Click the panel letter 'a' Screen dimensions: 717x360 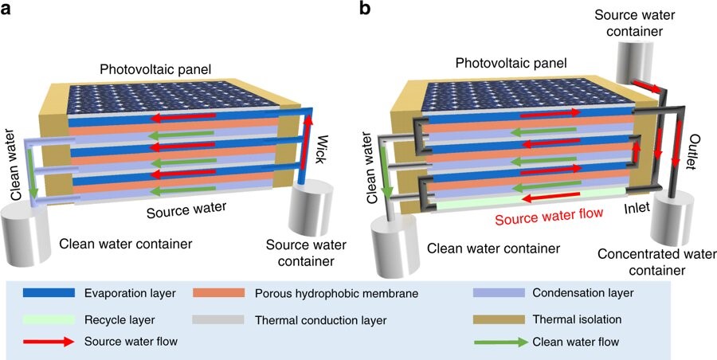tap(6, 9)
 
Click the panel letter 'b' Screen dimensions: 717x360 tap(364, 8)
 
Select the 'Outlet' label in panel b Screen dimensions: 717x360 tap(691, 152)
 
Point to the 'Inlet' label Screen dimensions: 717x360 tap(637, 208)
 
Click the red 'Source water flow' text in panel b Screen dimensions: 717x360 tap(550, 215)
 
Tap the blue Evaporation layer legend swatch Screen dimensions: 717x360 tap(49, 293)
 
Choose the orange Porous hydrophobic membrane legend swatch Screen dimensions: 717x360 tap(218, 293)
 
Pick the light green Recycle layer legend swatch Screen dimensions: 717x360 tap(49, 319)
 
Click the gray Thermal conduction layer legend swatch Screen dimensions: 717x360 tap(218, 319)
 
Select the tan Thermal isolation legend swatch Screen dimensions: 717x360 tap(498, 319)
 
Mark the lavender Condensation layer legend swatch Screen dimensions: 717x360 tap(498, 293)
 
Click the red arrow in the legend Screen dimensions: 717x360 tap(49, 341)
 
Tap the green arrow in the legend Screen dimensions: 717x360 tap(499, 341)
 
